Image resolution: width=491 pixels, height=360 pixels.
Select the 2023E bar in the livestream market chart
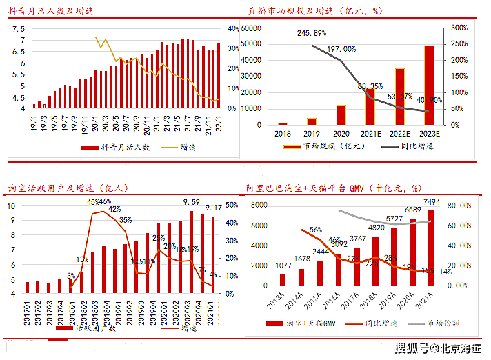429,85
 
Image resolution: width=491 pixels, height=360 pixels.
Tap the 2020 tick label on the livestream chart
341,134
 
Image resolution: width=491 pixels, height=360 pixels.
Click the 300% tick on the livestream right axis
460,28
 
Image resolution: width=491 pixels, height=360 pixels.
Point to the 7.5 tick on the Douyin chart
18,29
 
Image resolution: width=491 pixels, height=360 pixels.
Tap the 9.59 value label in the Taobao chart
191,202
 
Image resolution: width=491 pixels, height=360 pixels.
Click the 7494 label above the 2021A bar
432,202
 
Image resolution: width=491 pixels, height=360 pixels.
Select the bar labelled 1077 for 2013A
283,279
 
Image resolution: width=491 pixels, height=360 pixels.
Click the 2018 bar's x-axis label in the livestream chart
282,134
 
